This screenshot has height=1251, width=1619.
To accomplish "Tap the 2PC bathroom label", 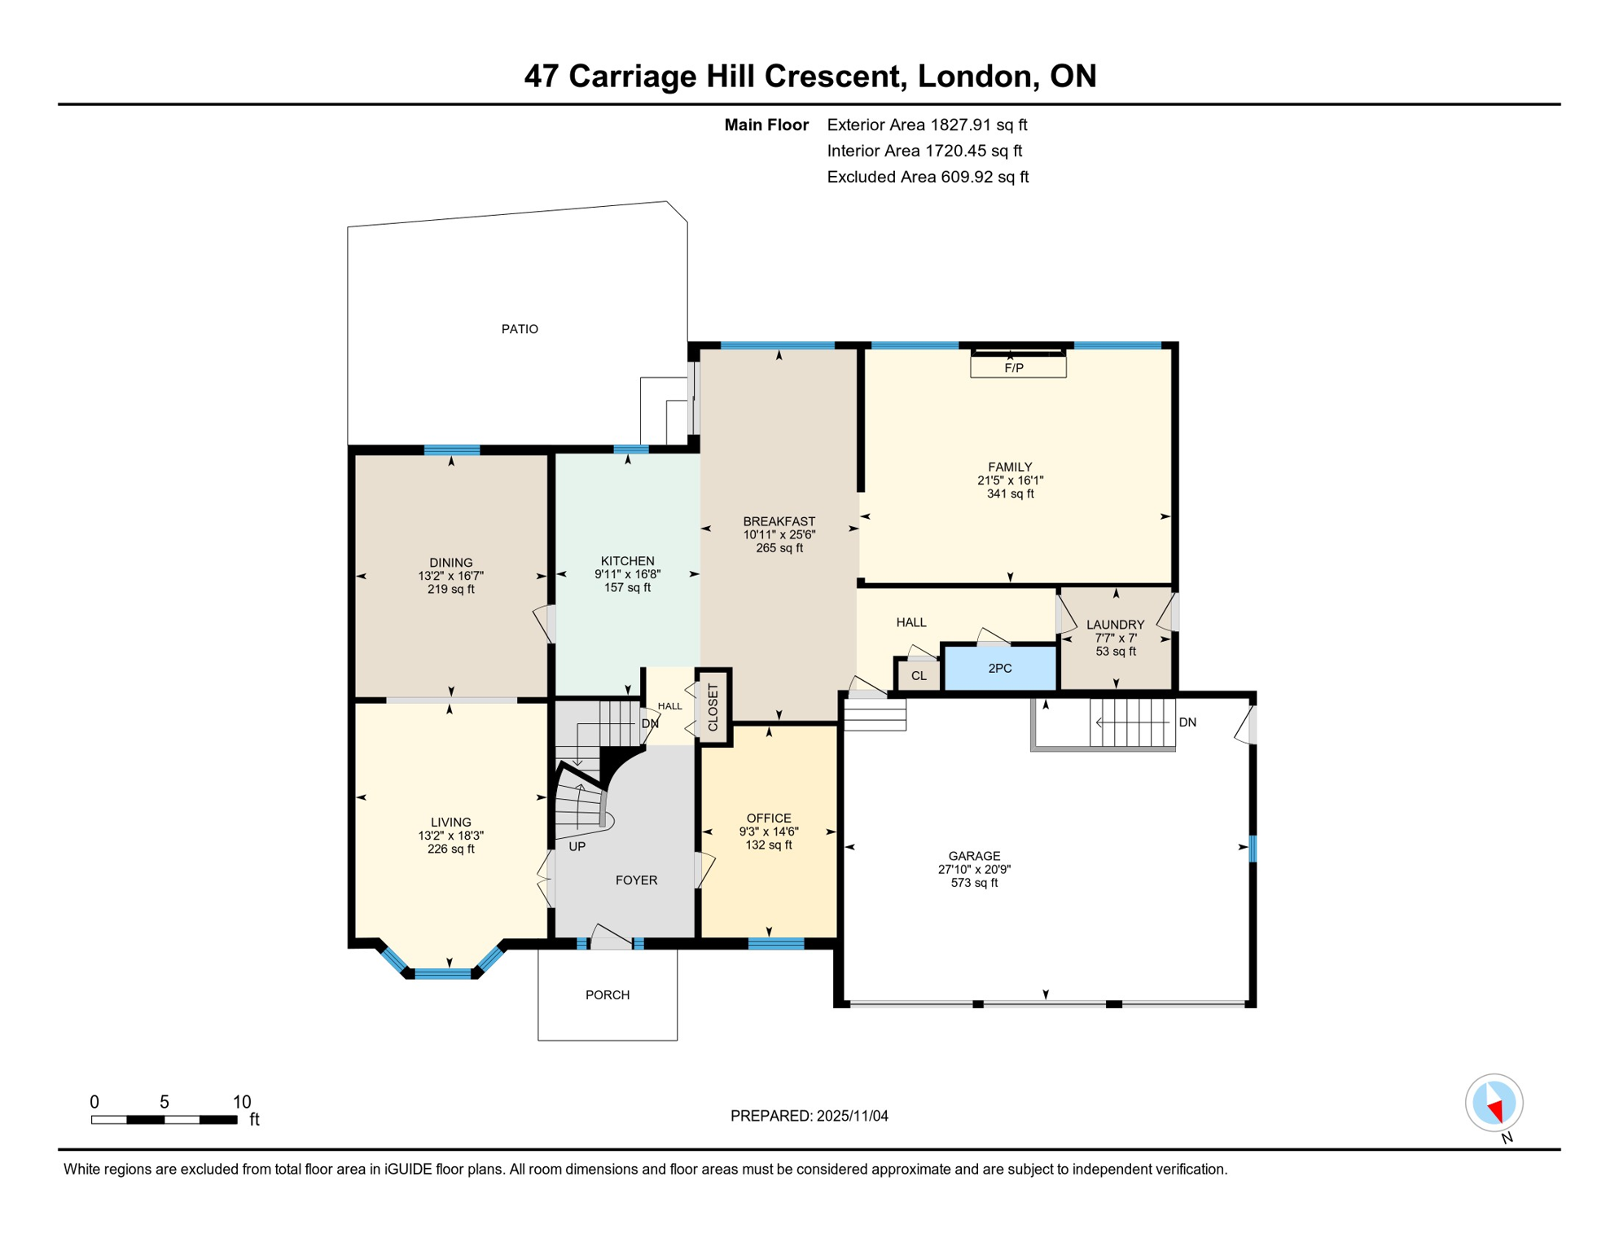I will [1000, 669].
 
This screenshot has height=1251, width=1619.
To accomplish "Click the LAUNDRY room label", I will [1115, 625].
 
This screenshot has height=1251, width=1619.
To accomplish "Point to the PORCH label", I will [608, 995].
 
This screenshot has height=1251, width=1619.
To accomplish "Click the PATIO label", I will [520, 329].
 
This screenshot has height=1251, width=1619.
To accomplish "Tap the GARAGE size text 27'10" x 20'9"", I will [974, 870].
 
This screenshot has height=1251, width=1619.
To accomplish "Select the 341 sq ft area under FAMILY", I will [1010, 494].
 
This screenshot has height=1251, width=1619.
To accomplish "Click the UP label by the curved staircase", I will [577, 847].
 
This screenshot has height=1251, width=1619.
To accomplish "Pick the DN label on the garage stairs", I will [1187, 722].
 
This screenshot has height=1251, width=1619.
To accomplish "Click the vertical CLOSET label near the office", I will [713, 707].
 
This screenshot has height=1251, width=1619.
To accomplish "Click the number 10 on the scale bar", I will [242, 1102].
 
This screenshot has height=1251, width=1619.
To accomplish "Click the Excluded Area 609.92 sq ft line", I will [928, 177].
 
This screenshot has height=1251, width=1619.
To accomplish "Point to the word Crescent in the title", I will [833, 76].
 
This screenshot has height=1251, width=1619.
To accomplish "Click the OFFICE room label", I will [769, 819].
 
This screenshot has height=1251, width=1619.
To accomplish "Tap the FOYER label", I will [636, 880].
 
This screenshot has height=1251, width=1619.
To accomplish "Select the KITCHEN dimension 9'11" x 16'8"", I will [627, 574].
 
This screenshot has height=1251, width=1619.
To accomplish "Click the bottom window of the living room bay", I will [443, 973].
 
